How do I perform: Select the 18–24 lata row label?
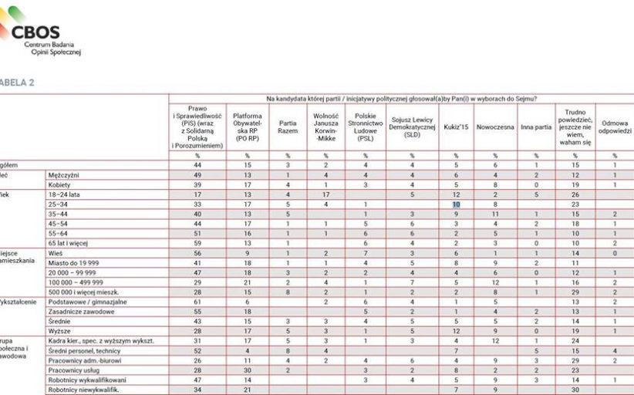[x=64, y=194]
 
